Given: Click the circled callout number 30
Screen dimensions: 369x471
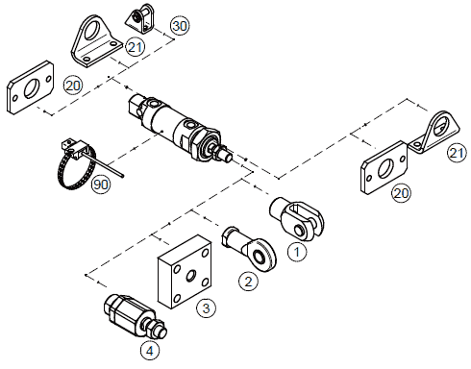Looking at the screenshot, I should (180, 25).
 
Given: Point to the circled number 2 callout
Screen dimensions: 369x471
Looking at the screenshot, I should (248, 282).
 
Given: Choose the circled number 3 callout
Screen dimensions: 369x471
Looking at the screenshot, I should (206, 308).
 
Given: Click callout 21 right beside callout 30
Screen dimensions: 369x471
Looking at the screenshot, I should (135, 45).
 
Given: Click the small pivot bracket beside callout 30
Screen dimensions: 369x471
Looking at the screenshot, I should (143, 17).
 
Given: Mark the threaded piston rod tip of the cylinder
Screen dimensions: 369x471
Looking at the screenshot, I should (230, 156).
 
